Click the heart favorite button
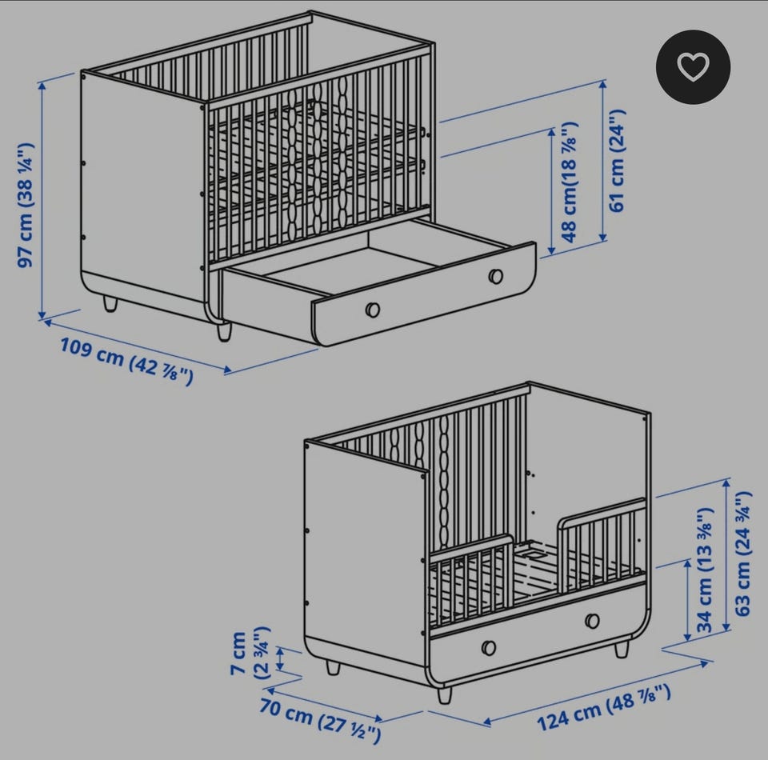coord(693,66)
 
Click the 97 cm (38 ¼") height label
coord(26,205)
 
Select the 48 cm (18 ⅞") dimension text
coord(570,182)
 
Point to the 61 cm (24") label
coord(617,161)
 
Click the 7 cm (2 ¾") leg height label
coord(250,653)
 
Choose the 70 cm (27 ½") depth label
coord(320,720)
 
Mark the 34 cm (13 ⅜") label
coord(705,570)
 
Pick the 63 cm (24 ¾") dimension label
coord(743,554)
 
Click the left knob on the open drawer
coord(372,310)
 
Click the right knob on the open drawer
coord(496,276)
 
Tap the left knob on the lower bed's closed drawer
coord(488,647)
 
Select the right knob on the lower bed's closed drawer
coord(592,621)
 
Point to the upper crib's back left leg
coord(110,303)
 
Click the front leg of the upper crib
coord(224,331)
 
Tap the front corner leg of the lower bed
coord(444,694)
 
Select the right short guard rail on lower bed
coord(602,543)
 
